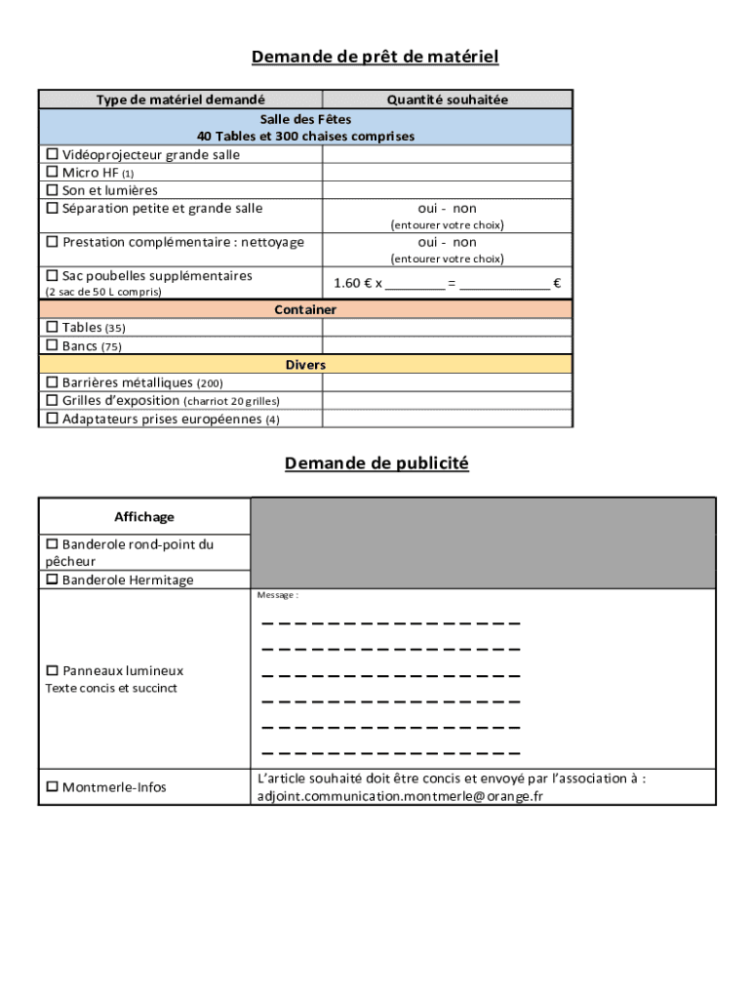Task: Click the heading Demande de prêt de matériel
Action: pyautogui.click(x=375, y=57)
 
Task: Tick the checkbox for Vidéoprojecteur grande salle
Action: pyautogui.click(x=53, y=155)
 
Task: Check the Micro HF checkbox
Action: pyautogui.click(x=53, y=173)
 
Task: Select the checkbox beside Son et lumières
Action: pyautogui.click(x=53, y=190)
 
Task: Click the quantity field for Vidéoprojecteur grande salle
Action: pyautogui.click(x=447, y=155)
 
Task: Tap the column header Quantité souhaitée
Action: pyautogui.click(x=447, y=100)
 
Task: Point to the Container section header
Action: pyautogui.click(x=305, y=309)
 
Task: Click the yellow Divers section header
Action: pyautogui.click(x=305, y=365)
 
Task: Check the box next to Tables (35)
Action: pyautogui.click(x=53, y=328)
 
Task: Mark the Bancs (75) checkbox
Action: pyautogui.click(x=53, y=345)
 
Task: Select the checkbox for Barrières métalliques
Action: pyautogui.click(x=53, y=383)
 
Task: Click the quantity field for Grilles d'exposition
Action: pyautogui.click(x=447, y=401)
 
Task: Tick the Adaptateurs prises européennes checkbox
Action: pyautogui.click(x=53, y=420)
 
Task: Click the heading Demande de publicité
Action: pyautogui.click(x=376, y=463)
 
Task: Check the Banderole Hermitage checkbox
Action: pyautogui.click(x=53, y=580)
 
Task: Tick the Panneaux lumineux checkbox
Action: pyautogui.click(x=53, y=671)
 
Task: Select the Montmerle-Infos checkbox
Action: pyautogui.click(x=53, y=787)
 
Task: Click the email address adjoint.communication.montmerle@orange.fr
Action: pyautogui.click(x=400, y=796)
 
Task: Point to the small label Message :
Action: pyautogui.click(x=277, y=595)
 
